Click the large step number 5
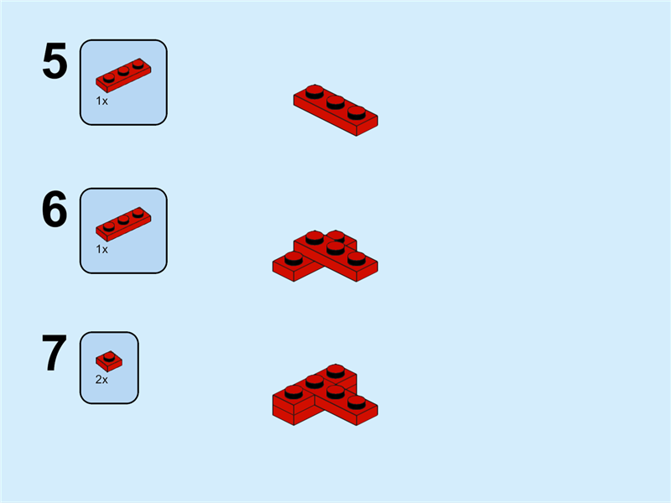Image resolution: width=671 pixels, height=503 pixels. tap(55, 60)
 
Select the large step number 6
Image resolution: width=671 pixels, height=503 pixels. tap(55, 210)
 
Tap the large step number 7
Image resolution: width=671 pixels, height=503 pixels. tap(55, 353)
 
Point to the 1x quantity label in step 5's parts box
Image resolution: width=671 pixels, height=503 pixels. tap(101, 101)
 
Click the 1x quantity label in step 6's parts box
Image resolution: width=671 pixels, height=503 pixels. tap(101, 249)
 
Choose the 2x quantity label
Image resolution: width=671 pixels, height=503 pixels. tap(101, 380)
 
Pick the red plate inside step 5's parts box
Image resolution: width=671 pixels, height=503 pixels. tap(123, 75)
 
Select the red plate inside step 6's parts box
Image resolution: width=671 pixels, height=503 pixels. tap(123, 224)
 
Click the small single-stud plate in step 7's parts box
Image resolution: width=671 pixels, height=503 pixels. tap(109, 361)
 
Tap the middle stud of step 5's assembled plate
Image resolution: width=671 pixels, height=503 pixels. tap(335, 102)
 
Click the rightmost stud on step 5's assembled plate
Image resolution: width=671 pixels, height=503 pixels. tap(356, 113)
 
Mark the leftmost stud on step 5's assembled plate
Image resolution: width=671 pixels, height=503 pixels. tap(315, 92)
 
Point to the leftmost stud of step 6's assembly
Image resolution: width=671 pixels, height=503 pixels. tap(294, 258)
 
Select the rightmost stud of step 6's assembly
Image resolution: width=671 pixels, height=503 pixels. tap(356, 258)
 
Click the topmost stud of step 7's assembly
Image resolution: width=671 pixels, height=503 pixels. tap(335, 371)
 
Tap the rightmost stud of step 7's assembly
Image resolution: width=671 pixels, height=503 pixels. tap(356, 402)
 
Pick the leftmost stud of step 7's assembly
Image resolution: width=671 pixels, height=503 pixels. tap(294, 392)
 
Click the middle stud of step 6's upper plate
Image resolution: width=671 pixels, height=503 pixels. tap(335, 248)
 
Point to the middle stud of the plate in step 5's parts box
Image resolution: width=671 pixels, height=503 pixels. tap(123, 70)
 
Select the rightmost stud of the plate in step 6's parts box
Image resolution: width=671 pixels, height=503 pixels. tap(138, 213)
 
